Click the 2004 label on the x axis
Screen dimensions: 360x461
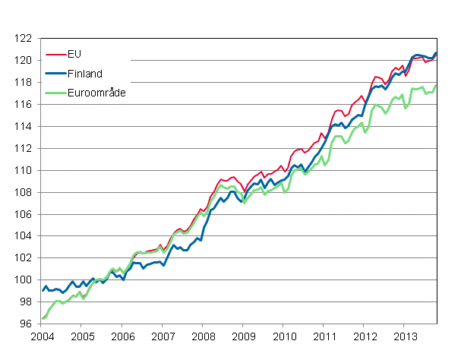point(42,336)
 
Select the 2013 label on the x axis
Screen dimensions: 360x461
point(405,336)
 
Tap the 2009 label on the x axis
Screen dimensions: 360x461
point(244,336)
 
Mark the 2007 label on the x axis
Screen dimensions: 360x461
point(163,336)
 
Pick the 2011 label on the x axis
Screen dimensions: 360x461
point(324,336)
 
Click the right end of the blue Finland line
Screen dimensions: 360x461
point(436,53)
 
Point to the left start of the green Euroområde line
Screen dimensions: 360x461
point(43,319)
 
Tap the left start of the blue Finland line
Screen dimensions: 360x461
point(43,291)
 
